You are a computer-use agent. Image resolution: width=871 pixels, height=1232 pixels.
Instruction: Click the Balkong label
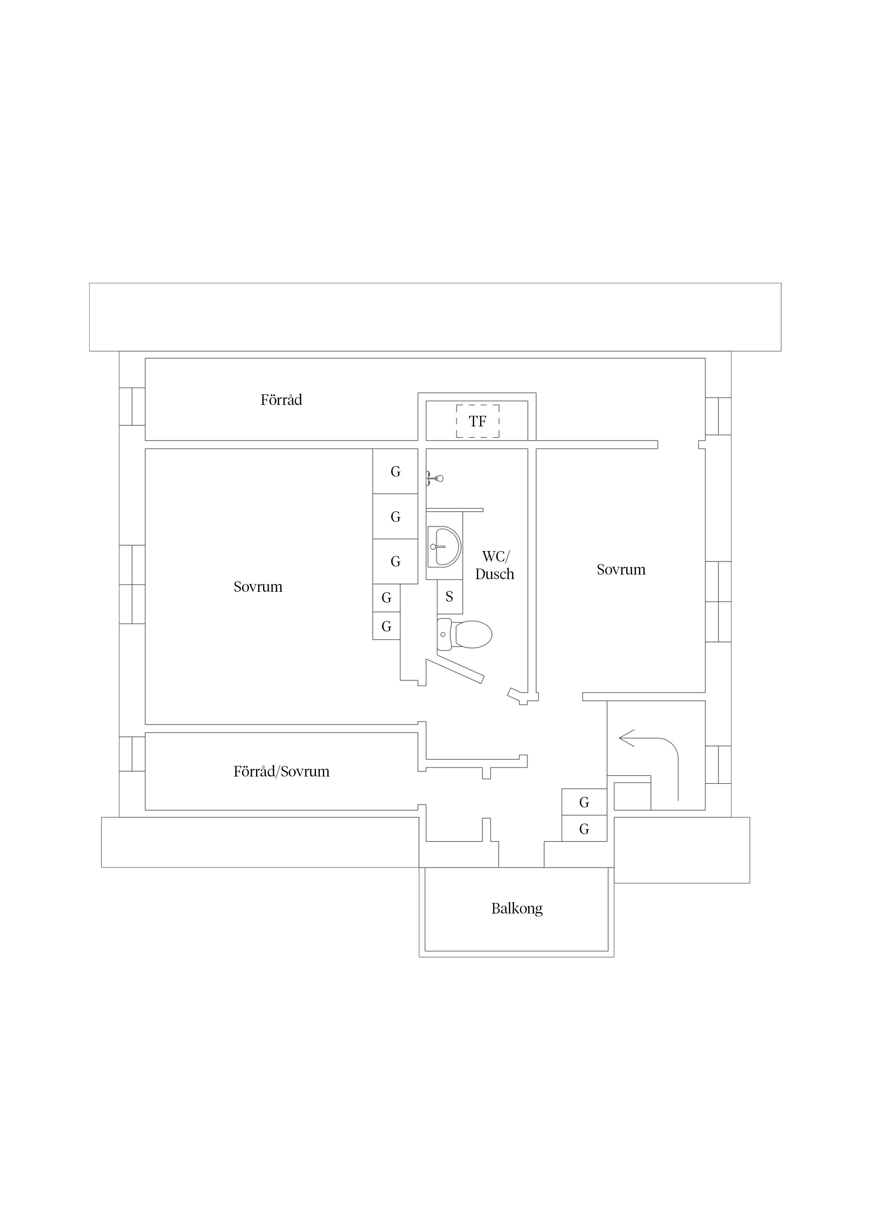tap(517, 909)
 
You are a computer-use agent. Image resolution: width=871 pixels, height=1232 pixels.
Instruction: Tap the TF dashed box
tap(478, 421)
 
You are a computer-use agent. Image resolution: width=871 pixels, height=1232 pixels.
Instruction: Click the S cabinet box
tap(450, 597)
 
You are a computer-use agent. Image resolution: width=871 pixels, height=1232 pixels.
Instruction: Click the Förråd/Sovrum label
tap(281, 772)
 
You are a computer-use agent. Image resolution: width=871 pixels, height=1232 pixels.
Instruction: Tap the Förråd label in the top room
tap(281, 400)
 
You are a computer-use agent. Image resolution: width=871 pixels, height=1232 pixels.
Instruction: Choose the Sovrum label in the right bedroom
tap(621, 569)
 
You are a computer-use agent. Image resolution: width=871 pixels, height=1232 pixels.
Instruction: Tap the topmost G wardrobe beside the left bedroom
tap(395, 471)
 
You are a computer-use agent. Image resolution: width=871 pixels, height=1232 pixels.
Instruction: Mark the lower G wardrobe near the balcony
tap(584, 829)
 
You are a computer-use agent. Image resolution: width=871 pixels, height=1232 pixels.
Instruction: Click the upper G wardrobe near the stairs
tap(584, 802)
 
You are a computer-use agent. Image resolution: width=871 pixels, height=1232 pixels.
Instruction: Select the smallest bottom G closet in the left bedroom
tap(386, 626)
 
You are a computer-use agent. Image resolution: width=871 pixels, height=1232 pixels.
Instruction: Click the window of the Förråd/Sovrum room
tap(132, 754)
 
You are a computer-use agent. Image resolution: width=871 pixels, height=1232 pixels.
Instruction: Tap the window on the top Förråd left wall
tap(132, 406)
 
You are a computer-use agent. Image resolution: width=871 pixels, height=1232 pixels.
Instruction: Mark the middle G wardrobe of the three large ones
tap(395, 516)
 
